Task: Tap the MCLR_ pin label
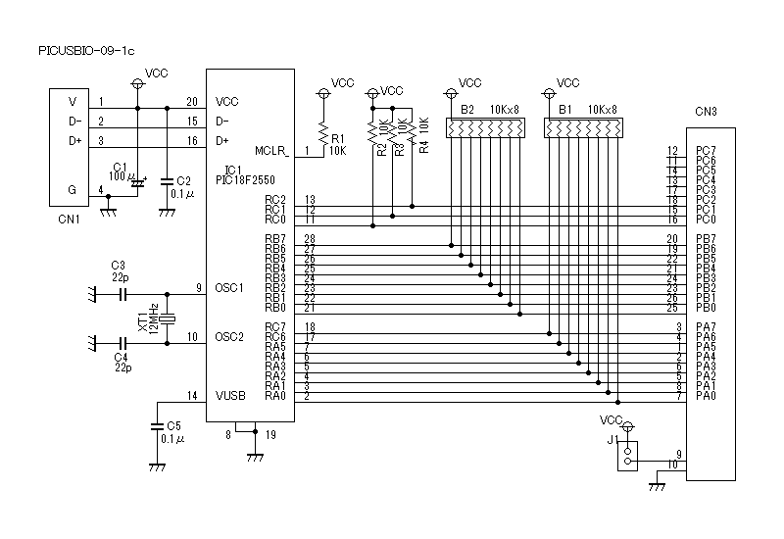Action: pos(271,151)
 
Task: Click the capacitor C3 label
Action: pos(119,266)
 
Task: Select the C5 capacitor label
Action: pos(174,425)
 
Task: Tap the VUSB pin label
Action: pos(230,396)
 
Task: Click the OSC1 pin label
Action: pos(229,287)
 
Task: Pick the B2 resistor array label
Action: pos(467,110)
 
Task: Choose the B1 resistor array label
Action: pos(564,110)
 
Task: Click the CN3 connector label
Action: pos(707,112)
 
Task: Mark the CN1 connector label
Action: pos(69,220)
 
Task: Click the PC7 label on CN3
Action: pos(705,151)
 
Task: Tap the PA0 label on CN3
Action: pos(705,396)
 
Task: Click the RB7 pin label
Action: pos(275,239)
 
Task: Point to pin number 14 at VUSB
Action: pos(192,396)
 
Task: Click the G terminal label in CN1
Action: pos(71,189)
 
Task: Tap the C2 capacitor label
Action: pos(182,181)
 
